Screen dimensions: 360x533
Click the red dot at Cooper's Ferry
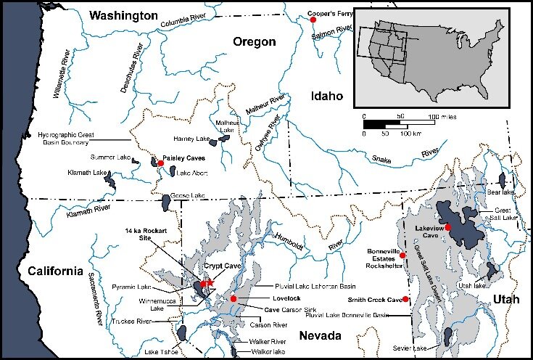[313, 20]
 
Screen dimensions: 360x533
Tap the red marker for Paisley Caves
[160, 163]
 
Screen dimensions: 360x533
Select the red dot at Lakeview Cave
[448, 228]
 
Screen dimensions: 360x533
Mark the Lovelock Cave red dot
[234, 298]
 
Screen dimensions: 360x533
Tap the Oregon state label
[254, 42]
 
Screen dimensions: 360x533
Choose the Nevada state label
[320, 336]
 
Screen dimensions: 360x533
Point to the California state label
[51, 271]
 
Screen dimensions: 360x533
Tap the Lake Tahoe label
[161, 352]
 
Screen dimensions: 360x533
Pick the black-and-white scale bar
[399, 124]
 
